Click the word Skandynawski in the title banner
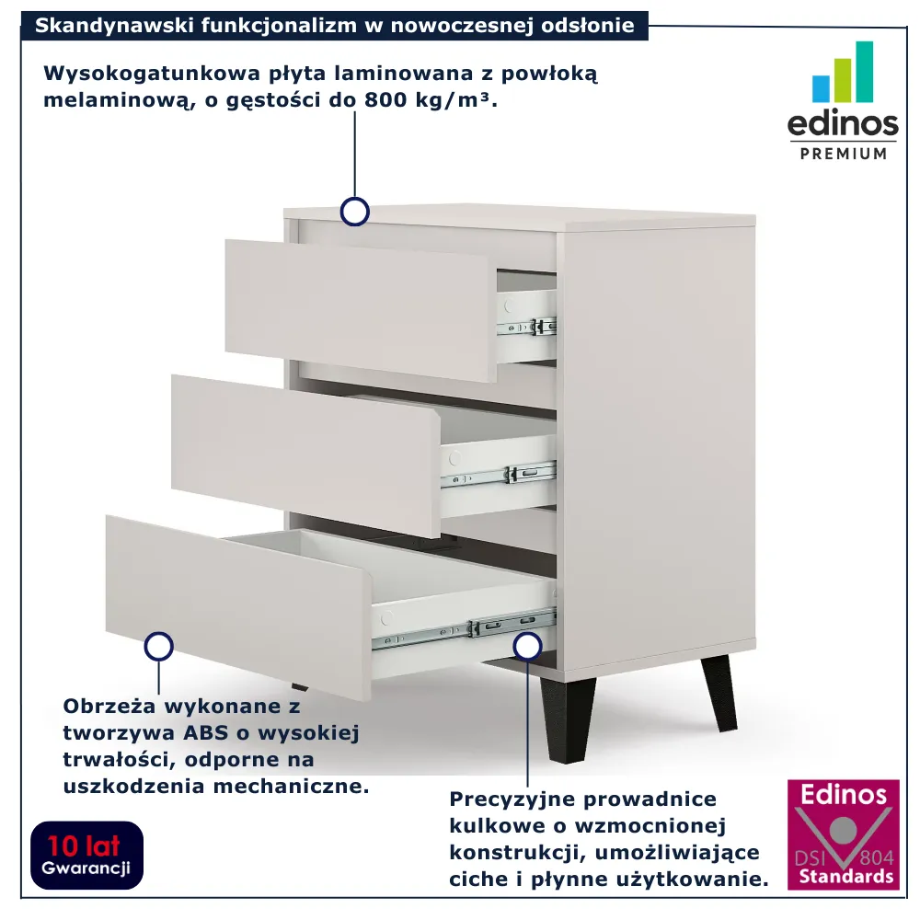coord(115,26)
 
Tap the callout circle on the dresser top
coord(355,212)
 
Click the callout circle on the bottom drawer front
coord(158,647)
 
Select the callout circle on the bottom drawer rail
coord(527,647)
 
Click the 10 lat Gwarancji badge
coord(86,855)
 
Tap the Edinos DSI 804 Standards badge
coord(843,834)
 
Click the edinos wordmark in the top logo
coord(843,124)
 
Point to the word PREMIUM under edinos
coord(843,154)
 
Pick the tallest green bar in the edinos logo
coord(864,72)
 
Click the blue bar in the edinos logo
coord(821,88)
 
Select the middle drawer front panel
coord(305,455)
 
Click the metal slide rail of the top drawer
coord(526,327)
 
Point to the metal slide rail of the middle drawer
coord(498,474)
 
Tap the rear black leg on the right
coord(719,693)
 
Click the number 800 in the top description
coord(385,99)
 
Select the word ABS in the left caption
coord(205,733)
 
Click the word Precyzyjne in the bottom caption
coord(512,799)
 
